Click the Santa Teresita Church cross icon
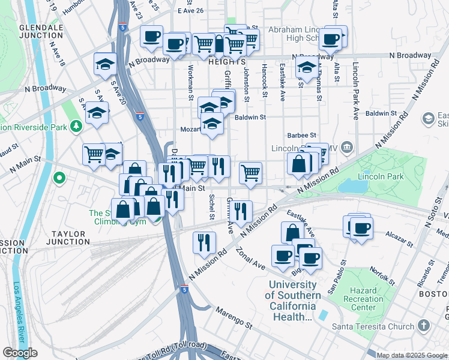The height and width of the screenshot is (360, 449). [x=424, y=326]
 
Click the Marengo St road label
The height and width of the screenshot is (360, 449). [x=231, y=326]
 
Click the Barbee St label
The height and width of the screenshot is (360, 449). [x=301, y=136]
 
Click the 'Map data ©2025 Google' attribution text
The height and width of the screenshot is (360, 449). [x=412, y=355]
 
